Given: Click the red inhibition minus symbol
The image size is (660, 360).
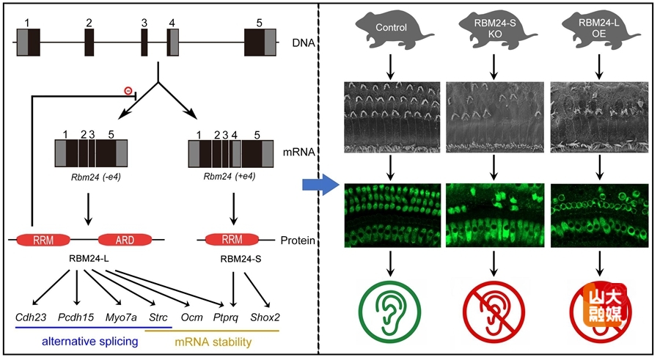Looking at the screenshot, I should [x=128, y=91].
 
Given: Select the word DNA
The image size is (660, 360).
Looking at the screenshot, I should [x=302, y=44].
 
